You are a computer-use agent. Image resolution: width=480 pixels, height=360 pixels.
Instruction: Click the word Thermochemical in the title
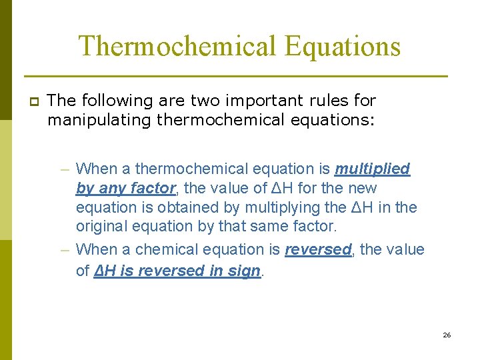pos(176,47)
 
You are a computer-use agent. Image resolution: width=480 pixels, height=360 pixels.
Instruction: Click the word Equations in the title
pos(342,47)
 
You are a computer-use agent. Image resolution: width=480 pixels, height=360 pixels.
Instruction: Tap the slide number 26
pos(447,335)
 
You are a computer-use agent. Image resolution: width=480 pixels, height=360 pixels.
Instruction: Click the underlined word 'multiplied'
pos(372,169)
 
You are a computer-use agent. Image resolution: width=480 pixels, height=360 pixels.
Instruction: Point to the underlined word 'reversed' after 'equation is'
pos(318,250)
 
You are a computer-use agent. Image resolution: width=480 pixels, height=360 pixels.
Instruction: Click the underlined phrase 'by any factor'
pos(125,189)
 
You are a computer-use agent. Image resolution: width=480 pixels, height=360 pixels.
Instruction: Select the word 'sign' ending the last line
pos(243,271)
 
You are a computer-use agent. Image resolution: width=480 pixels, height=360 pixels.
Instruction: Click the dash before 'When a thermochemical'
pos(65,169)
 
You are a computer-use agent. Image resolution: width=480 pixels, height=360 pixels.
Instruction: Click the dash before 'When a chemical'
pos(65,250)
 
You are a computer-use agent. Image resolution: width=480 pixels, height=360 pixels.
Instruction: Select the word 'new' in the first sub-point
pos(363,189)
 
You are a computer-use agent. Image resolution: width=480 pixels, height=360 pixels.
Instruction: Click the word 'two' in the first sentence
pos(207,101)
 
